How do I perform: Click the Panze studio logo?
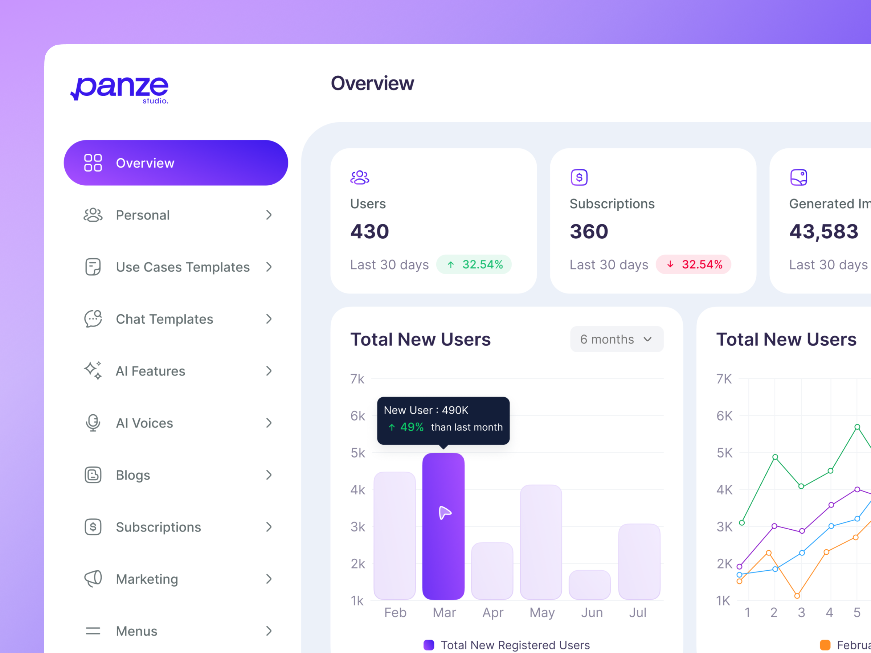tap(120, 89)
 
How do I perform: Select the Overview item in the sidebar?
tap(176, 163)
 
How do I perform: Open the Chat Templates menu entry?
tap(165, 319)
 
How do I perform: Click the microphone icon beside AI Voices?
tap(93, 423)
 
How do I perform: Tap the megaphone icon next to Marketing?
tap(93, 579)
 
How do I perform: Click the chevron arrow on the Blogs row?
tap(269, 475)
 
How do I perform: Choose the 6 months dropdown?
tap(616, 339)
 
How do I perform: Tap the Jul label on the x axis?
tap(638, 612)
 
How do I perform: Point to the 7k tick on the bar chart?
tap(357, 379)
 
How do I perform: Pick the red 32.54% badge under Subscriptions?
tap(693, 264)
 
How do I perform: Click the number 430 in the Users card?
tap(369, 231)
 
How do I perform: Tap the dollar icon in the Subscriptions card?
tap(579, 177)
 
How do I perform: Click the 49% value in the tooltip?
tap(412, 427)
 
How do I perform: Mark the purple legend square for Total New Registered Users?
tap(428, 645)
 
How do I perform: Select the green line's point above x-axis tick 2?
tap(775, 457)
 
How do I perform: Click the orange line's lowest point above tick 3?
tap(797, 596)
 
